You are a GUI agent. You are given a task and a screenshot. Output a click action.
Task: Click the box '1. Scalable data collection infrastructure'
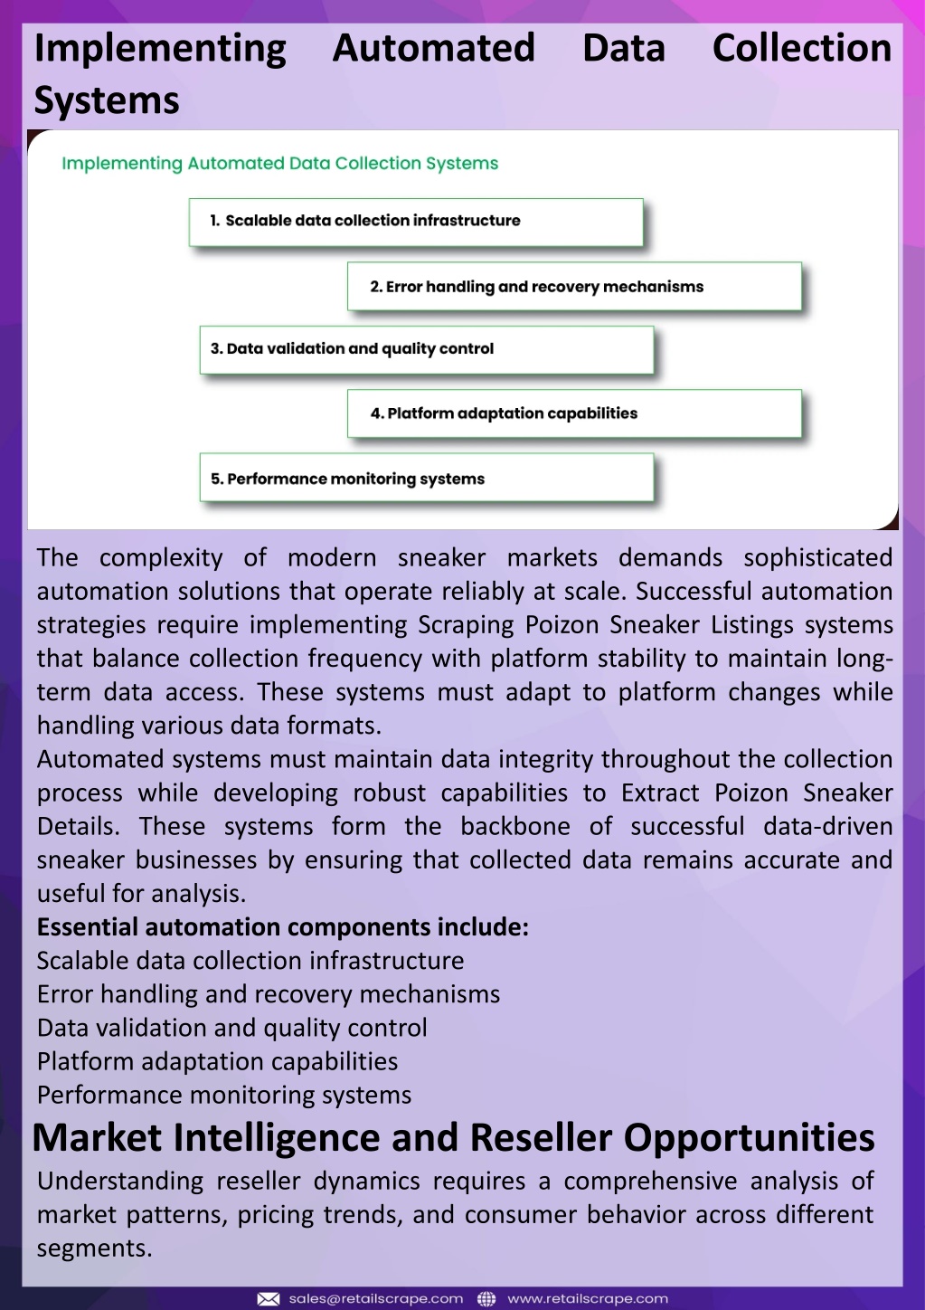(416, 223)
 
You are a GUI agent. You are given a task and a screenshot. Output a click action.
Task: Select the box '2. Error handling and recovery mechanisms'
(574, 286)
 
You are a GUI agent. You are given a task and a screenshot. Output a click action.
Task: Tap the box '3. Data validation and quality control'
(427, 350)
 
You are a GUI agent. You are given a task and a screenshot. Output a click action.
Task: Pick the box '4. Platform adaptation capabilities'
(574, 413)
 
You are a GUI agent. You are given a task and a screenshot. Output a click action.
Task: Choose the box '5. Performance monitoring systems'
(427, 477)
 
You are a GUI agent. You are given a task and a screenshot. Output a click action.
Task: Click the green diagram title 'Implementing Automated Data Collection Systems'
(280, 163)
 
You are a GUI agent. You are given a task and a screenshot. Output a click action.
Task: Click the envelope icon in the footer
(269, 1299)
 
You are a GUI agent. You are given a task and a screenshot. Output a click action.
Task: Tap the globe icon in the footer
(486, 1299)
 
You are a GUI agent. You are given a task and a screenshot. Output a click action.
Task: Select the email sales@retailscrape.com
(376, 1299)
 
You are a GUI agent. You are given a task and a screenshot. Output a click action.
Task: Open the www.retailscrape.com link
(587, 1299)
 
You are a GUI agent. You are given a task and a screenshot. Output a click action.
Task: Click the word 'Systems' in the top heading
(107, 100)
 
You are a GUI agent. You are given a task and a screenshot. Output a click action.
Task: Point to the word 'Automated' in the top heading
(434, 48)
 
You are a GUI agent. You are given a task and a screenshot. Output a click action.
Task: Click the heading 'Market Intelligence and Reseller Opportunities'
(453, 1137)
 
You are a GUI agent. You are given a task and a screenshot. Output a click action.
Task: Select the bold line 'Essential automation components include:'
(283, 927)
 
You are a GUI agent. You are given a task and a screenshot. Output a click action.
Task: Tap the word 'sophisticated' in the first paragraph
(817, 558)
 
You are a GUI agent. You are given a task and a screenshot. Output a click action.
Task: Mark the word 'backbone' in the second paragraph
(514, 826)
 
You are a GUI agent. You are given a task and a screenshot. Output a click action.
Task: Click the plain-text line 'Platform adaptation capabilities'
(217, 1062)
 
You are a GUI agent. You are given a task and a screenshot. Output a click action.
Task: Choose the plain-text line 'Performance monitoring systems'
(224, 1096)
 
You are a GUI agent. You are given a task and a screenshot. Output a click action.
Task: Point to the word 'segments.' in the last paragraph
(95, 1248)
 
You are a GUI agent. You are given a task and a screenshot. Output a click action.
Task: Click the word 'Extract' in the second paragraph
(660, 793)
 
